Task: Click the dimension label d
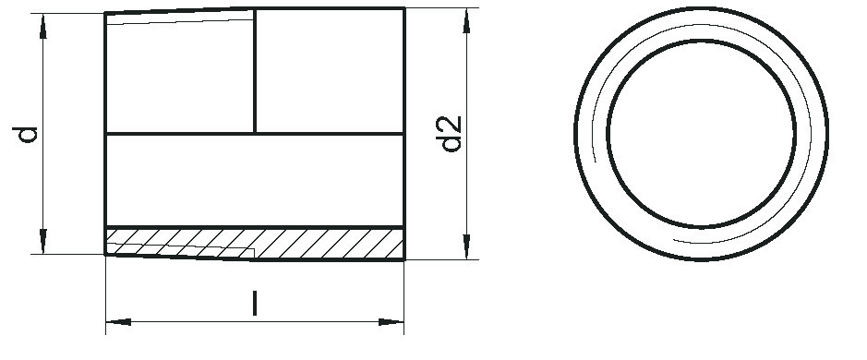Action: click(x=26, y=135)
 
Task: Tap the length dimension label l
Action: click(x=254, y=303)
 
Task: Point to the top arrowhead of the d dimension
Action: click(x=43, y=26)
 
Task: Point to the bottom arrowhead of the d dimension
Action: click(x=43, y=241)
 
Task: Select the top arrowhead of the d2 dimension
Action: click(x=466, y=21)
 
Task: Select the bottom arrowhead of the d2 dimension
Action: click(x=466, y=246)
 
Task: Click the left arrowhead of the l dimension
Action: click(x=118, y=322)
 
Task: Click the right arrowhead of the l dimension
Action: click(x=391, y=322)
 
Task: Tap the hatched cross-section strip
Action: click(x=254, y=244)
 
